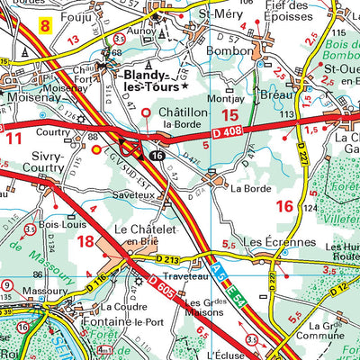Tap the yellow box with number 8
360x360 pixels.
coord(44,27)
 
